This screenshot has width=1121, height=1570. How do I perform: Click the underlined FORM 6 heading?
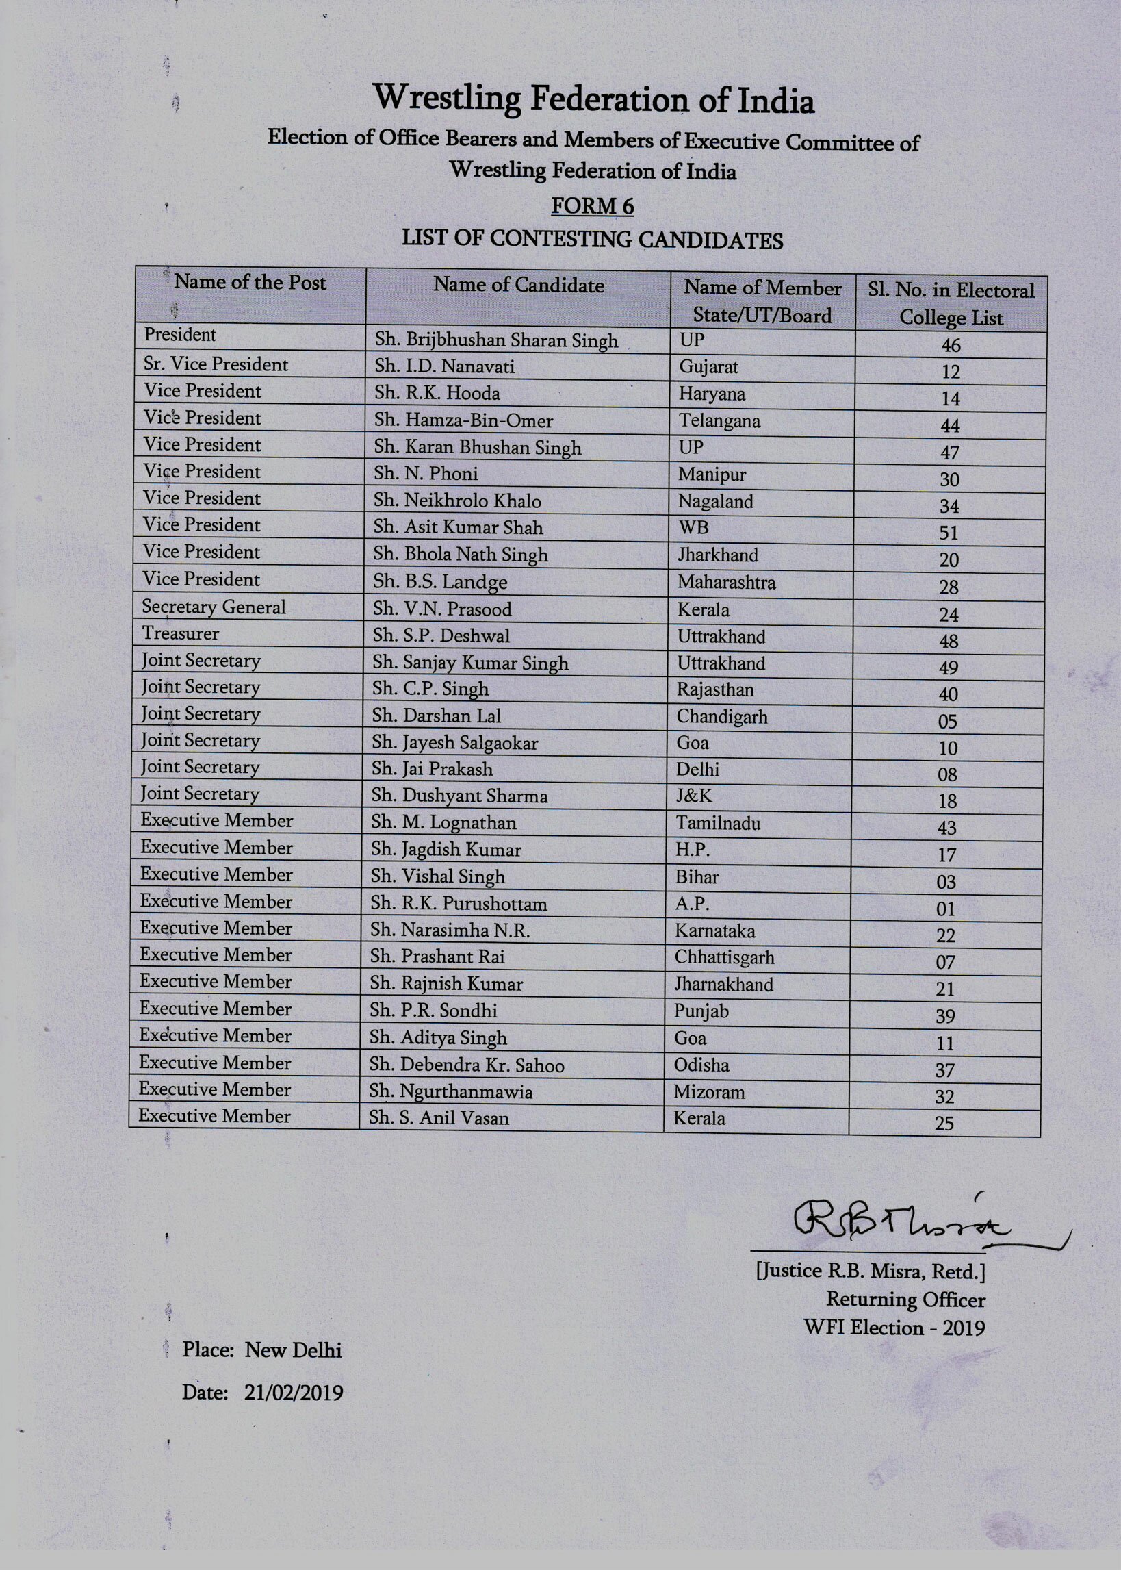pyautogui.click(x=592, y=205)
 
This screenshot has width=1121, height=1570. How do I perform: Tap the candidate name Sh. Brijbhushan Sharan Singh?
pyautogui.click(x=495, y=340)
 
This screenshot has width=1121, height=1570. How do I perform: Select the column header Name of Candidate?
pyautogui.click(x=518, y=285)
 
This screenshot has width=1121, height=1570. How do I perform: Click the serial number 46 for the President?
pyautogui.click(x=951, y=345)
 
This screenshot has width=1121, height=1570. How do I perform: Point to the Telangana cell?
pyautogui.click(x=719, y=420)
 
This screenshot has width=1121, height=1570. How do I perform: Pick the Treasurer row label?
pyautogui.click(x=180, y=633)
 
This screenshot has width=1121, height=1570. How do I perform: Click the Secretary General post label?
pyautogui.click(x=214, y=607)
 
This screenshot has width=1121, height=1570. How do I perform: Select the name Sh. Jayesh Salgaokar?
pyautogui.click(x=455, y=743)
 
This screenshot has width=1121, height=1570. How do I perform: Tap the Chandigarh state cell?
pyautogui.click(x=721, y=717)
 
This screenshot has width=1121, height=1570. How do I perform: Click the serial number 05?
pyautogui.click(x=947, y=722)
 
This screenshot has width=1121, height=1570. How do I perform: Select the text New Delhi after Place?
pyautogui.click(x=294, y=1350)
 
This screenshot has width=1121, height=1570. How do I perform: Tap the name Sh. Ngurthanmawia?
pyautogui.click(x=451, y=1091)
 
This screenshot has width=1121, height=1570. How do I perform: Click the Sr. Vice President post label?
pyautogui.click(x=216, y=364)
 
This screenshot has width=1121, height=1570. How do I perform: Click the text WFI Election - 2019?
pyautogui.click(x=894, y=1328)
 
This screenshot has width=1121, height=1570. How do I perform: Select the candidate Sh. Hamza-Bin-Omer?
pyautogui.click(x=463, y=420)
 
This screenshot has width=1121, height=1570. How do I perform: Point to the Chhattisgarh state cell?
pyautogui.click(x=724, y=958)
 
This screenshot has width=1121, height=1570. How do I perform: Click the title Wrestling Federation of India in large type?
pyautogui.click(x=593, y=99)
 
